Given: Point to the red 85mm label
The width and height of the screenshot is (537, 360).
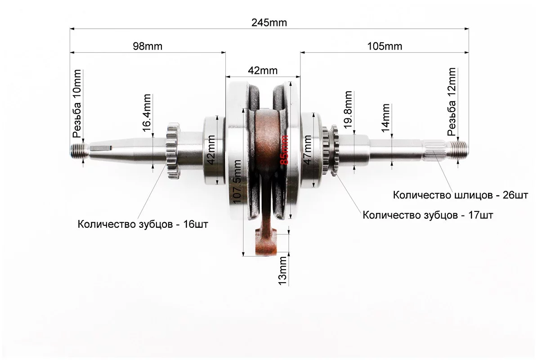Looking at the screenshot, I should [x=284, y=152].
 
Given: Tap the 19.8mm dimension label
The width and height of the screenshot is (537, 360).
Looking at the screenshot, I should [x=348, y=111].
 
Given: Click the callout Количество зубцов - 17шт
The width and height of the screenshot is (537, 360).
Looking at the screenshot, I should [x=428, y=215].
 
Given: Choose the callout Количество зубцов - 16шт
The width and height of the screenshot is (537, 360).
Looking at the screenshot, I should [x=143, y=224].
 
